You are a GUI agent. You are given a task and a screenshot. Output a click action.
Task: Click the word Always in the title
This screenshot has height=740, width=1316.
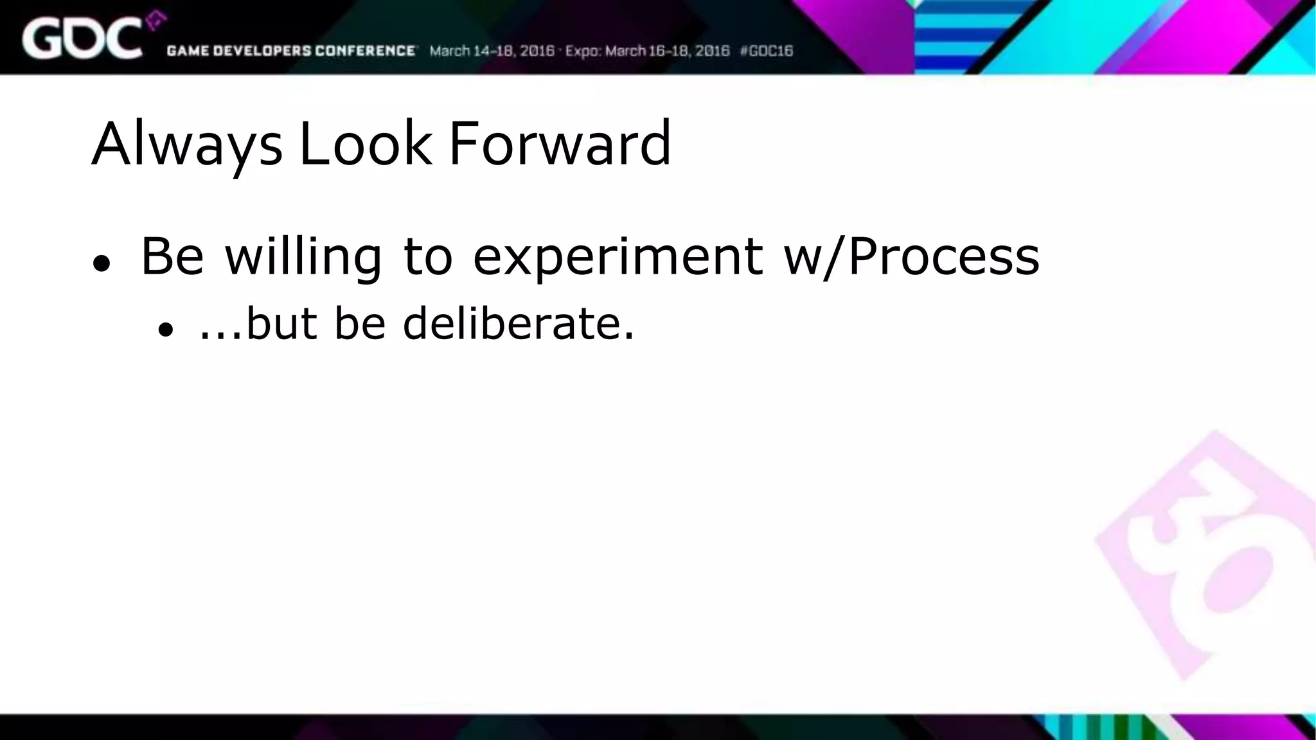click(x=186, y=144)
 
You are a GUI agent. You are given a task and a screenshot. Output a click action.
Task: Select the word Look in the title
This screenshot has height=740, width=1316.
click(x=365, y=144)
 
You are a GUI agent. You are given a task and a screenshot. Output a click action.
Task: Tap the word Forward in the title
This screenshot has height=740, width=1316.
click(x=559, y=144)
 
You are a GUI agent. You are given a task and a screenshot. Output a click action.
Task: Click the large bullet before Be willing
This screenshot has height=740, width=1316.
click(x=102, y=263)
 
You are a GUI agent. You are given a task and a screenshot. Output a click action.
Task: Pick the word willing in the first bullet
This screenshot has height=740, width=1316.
click(x=303, y=257)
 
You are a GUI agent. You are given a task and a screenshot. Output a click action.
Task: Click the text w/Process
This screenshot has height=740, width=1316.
click(x=911, y=257)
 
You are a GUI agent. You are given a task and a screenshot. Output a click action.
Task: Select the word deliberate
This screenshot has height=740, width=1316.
click(x=518, y=323)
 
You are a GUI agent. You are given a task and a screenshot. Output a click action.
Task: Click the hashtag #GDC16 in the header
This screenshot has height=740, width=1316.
click(x=767, y=51)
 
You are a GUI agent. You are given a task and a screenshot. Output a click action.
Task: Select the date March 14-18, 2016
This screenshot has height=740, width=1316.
click(x=492, y=51)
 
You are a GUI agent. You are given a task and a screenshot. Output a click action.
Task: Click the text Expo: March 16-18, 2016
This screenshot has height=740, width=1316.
click(x=647, y=51)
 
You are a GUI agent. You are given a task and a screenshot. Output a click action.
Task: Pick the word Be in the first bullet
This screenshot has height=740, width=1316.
click(x=172, y=257)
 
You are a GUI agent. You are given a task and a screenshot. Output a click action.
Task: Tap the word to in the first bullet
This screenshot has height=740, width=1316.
click(x=427, y=257)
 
